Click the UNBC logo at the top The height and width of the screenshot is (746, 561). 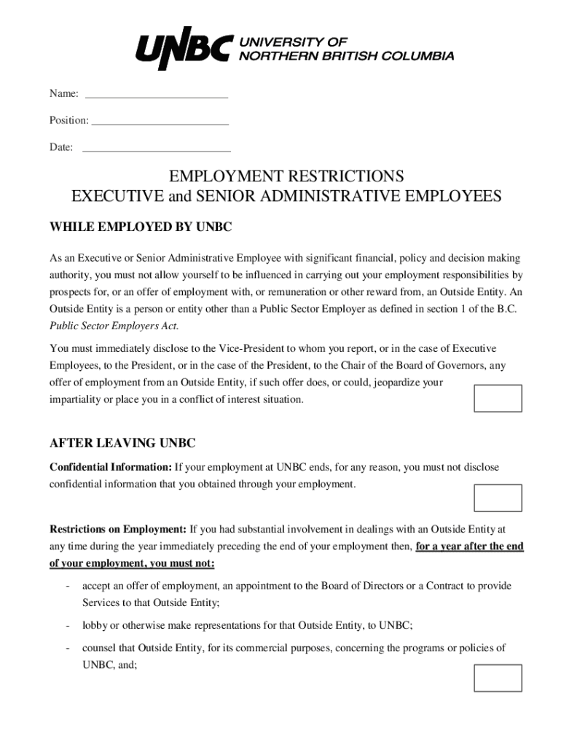point(185,50)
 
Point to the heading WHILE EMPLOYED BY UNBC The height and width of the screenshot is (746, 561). point(141,228)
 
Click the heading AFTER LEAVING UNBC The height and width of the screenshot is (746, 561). point(122,443)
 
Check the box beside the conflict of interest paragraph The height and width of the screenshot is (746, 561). point(498,398)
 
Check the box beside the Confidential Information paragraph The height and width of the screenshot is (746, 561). point(498,498)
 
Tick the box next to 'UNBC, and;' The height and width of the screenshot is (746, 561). point(498,678)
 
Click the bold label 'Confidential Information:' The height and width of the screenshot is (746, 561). point(111,467)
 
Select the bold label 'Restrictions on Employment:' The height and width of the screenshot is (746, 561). point(118,529)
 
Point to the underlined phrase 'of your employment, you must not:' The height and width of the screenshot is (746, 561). point(132,564)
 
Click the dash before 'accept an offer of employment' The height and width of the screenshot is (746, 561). point(67,586)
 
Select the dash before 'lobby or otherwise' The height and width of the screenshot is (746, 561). point(67,625)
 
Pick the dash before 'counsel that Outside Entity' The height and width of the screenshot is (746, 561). point(67,648)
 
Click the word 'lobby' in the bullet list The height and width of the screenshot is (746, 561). point(95,625)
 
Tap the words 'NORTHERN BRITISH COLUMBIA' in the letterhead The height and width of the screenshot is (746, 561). point(347,56)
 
